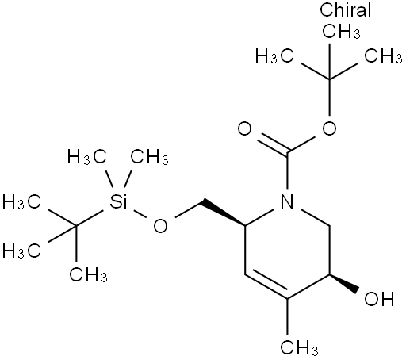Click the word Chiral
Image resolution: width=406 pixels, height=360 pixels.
(346, 10)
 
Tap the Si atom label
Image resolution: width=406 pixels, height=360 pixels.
(118, 201)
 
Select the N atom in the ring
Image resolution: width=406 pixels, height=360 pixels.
(287, 201)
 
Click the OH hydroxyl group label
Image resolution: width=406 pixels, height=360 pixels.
(379, 299)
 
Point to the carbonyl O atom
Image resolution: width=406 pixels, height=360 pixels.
(244, 128)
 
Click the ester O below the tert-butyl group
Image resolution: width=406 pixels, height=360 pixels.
(329, 128)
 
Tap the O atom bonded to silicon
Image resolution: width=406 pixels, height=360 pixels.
(160, 226)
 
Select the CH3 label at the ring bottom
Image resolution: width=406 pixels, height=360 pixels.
(299, 347)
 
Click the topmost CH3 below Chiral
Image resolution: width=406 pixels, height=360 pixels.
(341, 32)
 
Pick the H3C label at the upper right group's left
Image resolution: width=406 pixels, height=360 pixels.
(274, 56)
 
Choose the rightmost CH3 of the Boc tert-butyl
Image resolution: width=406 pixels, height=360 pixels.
(384, 56)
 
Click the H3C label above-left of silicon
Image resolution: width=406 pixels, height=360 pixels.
(87, 157)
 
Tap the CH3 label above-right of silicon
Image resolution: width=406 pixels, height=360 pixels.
(149, 157)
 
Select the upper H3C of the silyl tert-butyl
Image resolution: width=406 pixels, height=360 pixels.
(21, 202)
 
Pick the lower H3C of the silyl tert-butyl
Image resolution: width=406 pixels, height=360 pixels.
(21, 251)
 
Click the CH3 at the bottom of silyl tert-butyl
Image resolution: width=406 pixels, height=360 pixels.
(88, 274)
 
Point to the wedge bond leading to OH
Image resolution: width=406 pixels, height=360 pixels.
(344, 284)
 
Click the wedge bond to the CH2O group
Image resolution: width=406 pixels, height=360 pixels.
(223, 213)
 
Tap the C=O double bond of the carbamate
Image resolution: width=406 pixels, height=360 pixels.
(273, 144)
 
